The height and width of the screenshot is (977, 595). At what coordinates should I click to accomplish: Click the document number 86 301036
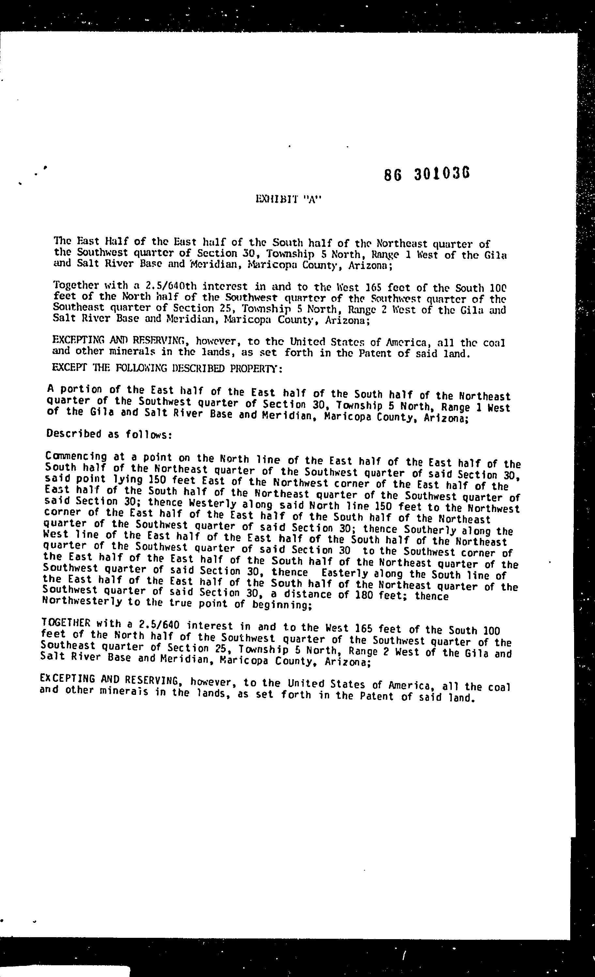[x=427, y=174]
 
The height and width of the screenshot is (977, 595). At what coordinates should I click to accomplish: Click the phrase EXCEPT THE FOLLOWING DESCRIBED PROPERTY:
[x=167, y=368]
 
